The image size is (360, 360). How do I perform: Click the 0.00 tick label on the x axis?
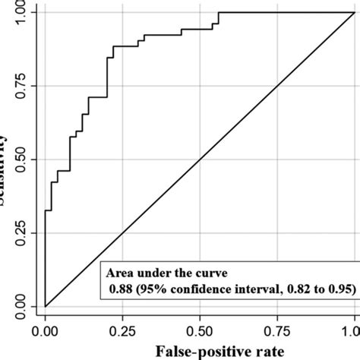tap(46, 331)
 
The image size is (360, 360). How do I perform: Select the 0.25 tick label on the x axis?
tap(122, 331)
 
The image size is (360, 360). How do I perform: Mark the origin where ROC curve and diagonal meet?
tap(46, 306)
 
